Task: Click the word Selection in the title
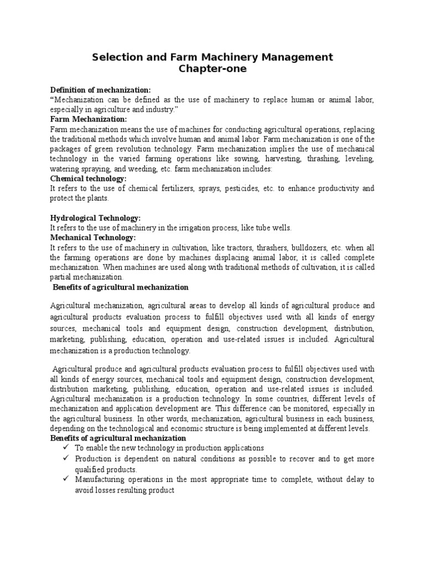117,57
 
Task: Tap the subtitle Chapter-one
212,69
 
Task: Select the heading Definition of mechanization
100,90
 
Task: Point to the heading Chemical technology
89,179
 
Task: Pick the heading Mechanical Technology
93,238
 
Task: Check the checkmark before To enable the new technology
66,448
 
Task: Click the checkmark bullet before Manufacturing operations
66,480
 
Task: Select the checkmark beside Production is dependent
66,459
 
